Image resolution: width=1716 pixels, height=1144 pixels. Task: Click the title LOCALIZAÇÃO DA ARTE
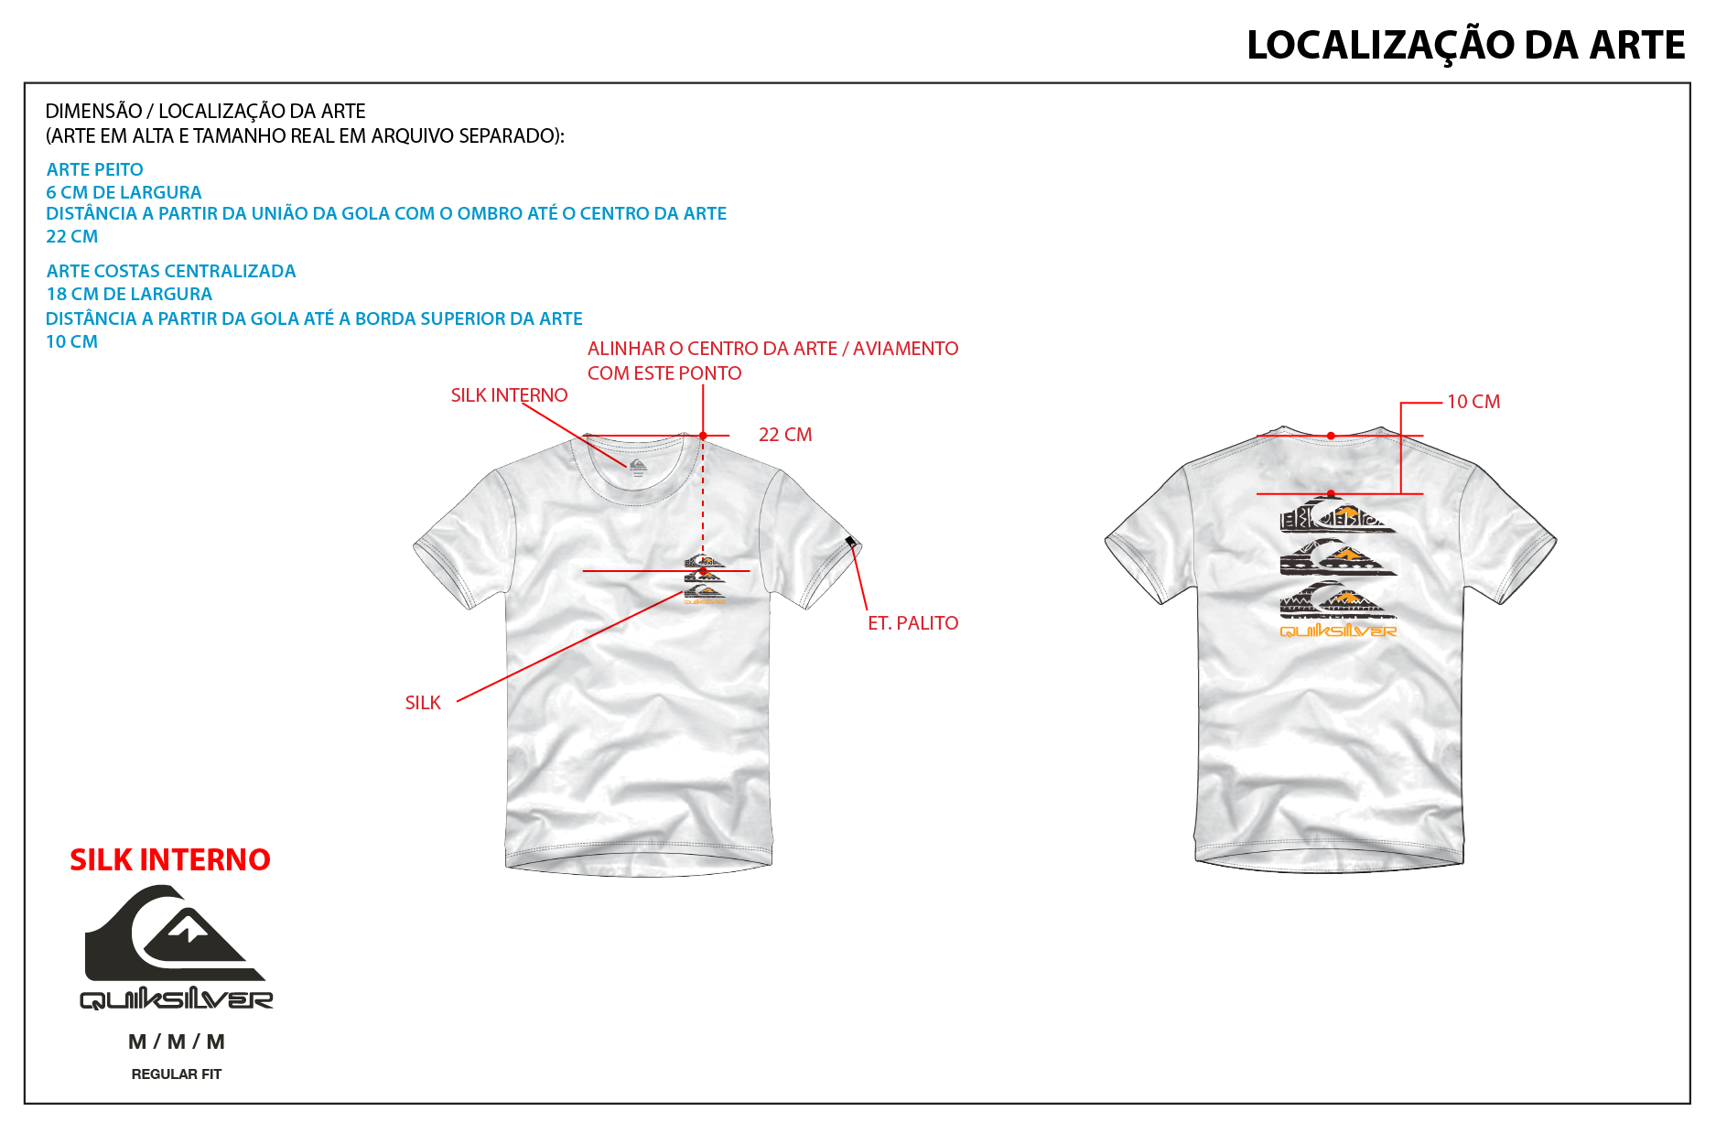(x=1465, y=46)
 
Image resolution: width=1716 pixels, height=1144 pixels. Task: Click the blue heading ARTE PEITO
(x=95, y=169)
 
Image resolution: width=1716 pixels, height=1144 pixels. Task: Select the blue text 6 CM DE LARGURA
(x=124, y=192)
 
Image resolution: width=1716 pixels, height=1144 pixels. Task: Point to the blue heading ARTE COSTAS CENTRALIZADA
(x=171, y=271)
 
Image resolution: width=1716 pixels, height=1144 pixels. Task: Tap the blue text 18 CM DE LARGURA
(x=129, y=294)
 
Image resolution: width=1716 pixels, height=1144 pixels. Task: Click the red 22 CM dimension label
(x=785, y=435)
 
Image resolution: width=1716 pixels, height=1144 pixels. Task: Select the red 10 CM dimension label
(x=1473, y=402)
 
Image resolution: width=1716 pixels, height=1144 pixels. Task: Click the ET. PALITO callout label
(x=913, y=623)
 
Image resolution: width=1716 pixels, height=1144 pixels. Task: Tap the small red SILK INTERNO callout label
(x=509, y=395)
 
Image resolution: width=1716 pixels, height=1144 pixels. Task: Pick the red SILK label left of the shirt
(x=423, y=703)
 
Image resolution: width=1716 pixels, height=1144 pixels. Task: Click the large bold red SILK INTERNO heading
(x=170, y=860)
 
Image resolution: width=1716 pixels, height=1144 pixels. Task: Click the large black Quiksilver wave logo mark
(x=175, y=933)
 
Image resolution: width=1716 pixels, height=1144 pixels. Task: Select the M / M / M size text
(x=177, y=1041)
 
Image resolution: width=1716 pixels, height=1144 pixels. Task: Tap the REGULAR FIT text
(x=177, y=1074)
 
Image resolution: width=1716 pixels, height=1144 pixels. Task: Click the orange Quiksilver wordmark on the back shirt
(x=1338, y=631)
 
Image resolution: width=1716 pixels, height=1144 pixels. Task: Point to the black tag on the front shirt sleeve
(x=850, y=542)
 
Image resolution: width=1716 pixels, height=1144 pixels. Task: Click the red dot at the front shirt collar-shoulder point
(x=703, y=436)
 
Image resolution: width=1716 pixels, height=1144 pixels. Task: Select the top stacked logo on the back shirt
(x=1337, y=514)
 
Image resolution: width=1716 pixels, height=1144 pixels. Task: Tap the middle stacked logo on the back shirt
(x=1337, y=557)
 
